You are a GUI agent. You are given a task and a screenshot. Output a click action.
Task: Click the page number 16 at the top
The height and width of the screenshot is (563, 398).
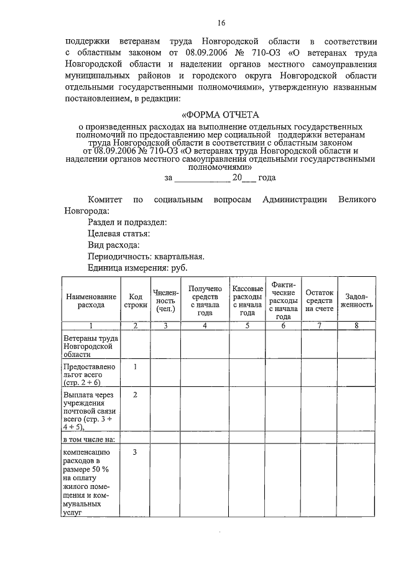pos(221,23)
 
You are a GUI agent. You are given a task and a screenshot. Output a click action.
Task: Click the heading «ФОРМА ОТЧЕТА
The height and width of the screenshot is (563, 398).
pos(220,116)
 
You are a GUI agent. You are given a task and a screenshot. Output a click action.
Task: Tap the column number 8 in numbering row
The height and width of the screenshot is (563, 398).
pos(356,325)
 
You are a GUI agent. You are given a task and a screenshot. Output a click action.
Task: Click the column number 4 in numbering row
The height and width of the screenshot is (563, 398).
pos(205,325)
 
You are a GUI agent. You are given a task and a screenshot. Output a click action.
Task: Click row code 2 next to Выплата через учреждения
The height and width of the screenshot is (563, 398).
pos(135,395)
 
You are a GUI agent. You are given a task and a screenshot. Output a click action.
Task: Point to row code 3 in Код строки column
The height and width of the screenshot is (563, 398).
pos(135,452)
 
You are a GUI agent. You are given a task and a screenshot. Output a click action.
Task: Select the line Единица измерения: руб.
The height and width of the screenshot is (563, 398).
pos(137,268)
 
